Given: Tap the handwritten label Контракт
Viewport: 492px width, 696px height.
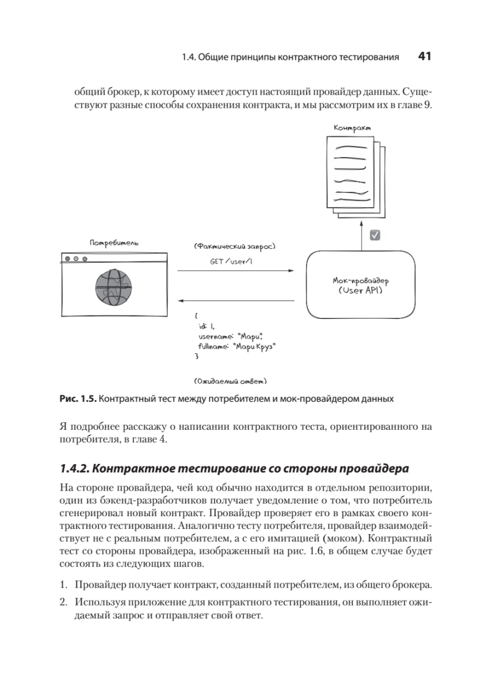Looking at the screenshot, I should tap(352, 128).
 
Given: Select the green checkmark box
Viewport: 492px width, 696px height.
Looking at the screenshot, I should tap(374, 235).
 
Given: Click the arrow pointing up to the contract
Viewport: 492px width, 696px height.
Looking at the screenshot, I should tap(361, 235).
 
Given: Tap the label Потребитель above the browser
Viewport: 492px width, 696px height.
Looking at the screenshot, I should tap(114, 242).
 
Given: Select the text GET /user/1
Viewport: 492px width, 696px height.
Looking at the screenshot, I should tap(231, 262).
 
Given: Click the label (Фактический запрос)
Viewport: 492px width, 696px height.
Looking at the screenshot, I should tap(234, 246).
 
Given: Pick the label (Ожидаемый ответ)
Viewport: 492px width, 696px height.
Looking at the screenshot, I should tap(231, 381).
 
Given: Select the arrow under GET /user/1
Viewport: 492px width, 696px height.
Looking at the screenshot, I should tap(235, 271).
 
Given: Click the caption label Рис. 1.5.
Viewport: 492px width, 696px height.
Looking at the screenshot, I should tap(78, 399).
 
